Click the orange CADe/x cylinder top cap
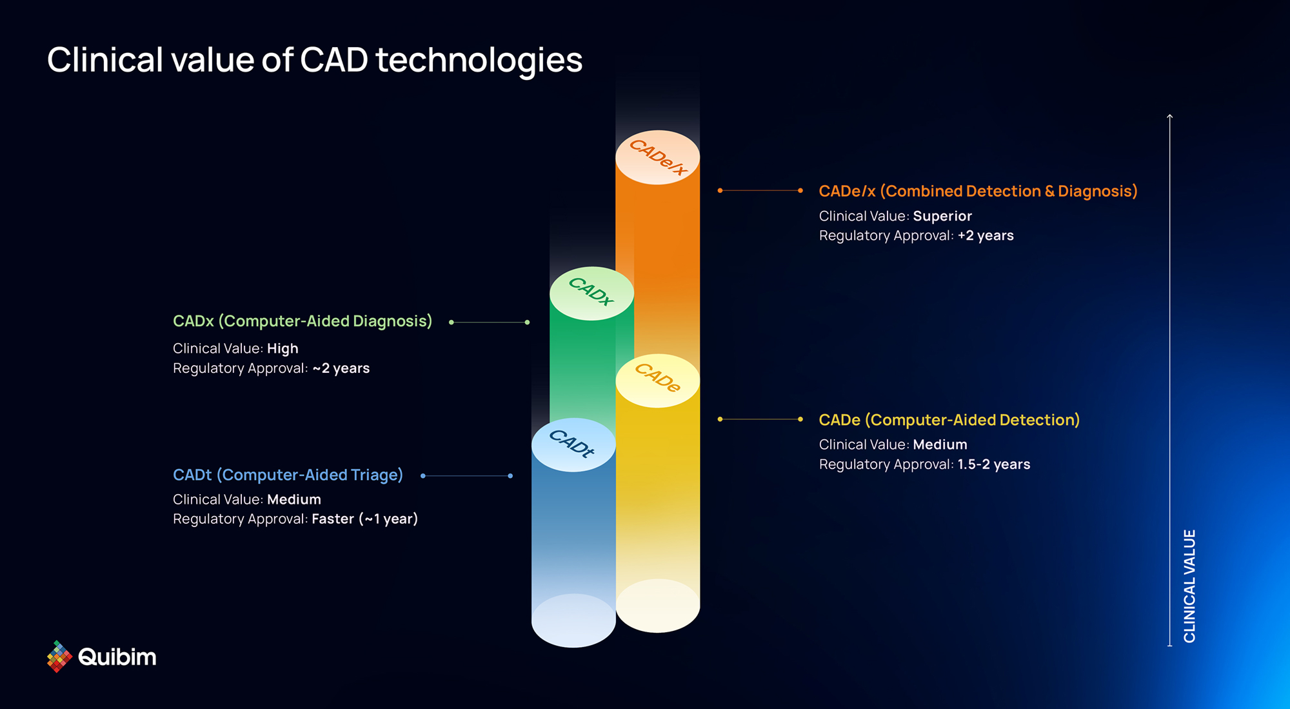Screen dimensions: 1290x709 click(x=657, y=157)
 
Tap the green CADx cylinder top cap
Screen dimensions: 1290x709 click(x=591, y=294)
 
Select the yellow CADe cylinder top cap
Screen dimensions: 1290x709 click(x=657, y=381)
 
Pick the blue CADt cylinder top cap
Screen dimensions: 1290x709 click(x=573, y=445)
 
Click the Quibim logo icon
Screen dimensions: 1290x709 click(x=59, y=656)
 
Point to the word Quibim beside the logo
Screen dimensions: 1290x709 click(x=117, y=657)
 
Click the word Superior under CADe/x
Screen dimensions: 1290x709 click(x=942, y=216)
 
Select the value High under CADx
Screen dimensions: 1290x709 click(x=283, y=348)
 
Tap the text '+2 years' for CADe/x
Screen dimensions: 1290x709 click(x=986, y=235)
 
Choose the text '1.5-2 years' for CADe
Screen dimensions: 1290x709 click(x=994, y=464)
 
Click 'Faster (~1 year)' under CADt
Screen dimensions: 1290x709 click(x=365, y=519)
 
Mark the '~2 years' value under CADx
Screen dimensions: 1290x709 click(x=341, y=368)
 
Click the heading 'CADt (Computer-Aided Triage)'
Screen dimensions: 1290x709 click(x=288, y=475)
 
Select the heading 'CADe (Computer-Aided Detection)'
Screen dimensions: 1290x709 click(x=949, y=420)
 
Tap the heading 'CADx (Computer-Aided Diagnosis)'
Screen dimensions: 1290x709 click(x=303, y=321)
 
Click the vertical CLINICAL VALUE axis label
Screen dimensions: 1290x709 click(x=1189, y=586)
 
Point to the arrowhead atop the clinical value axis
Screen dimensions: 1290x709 click(x=1169, y=116)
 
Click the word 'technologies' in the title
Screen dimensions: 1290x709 click(x=479, y=60)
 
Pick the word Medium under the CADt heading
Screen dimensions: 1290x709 click(x=294, y=499)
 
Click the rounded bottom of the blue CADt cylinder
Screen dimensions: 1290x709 click(x=573, y=621)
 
